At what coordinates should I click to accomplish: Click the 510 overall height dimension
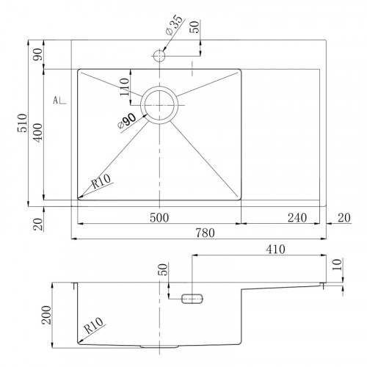22,123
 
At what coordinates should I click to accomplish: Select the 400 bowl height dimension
38,133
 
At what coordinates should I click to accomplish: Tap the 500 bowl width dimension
159,217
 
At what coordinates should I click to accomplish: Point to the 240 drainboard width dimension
297,217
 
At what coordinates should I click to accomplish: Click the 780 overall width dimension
205,233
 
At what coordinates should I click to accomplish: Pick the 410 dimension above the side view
275,250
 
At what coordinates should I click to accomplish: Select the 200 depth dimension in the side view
46,315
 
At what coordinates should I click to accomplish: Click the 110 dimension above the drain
124,87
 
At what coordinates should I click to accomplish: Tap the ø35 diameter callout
174,25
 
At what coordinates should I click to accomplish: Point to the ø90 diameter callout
127,121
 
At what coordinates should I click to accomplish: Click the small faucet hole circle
159,56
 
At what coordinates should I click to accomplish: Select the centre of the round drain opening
159,105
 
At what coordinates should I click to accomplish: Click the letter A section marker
56,100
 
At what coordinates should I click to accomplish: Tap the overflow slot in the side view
192,299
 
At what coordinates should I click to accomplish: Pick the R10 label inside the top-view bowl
101,181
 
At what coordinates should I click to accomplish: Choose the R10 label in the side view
93,326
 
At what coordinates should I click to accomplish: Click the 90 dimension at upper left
38,54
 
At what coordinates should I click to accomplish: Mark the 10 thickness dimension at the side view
337,264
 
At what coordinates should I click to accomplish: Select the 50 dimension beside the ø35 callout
195,27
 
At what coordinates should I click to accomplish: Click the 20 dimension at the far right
344,217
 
